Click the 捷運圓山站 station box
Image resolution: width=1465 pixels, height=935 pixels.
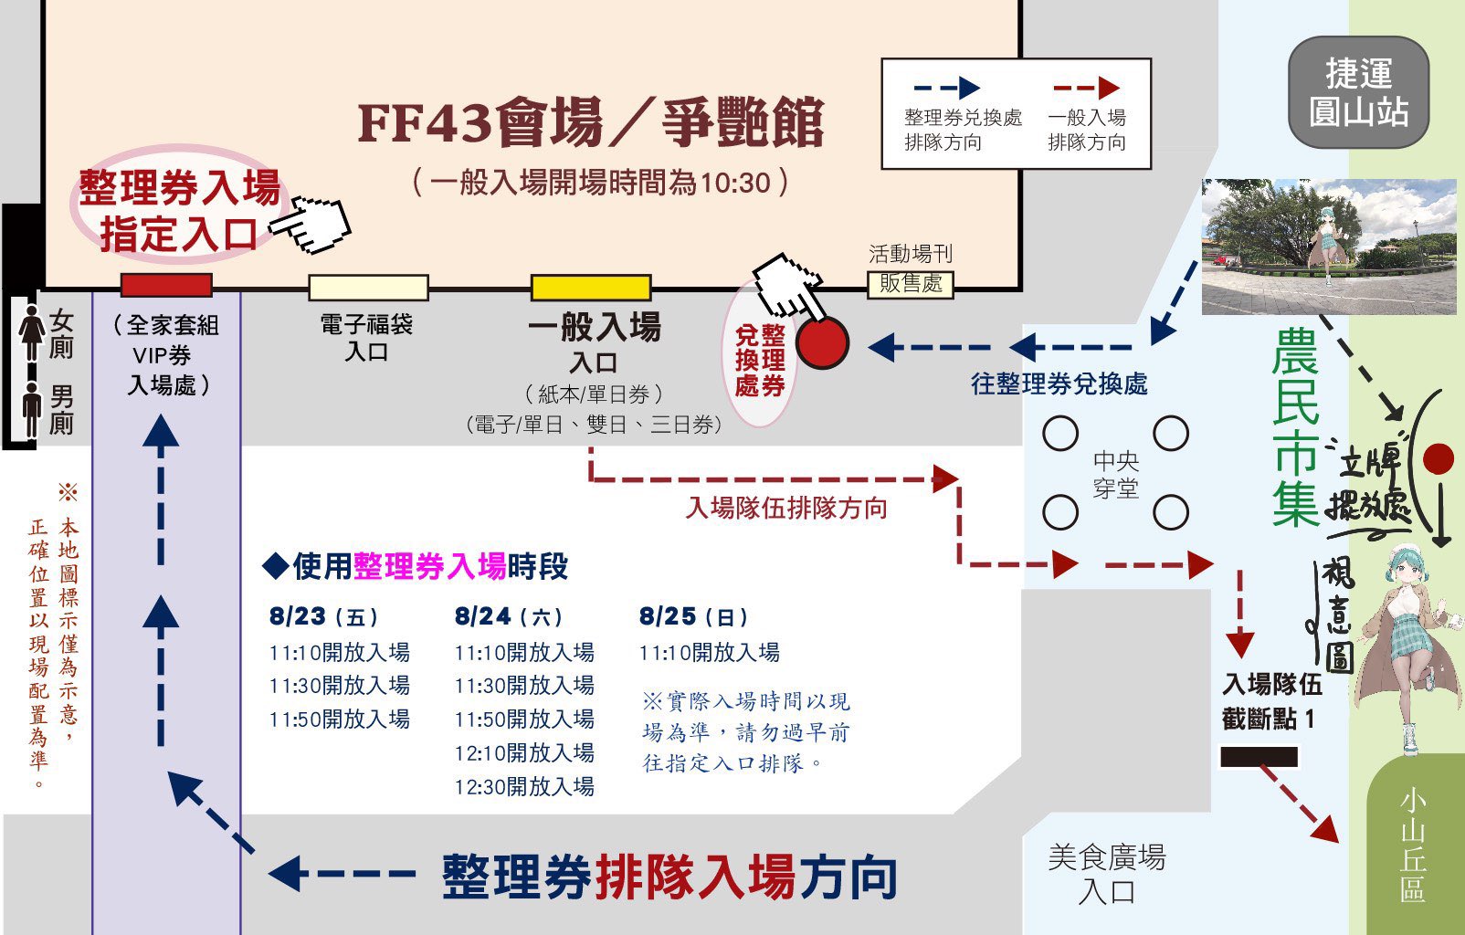(x=1358, y=92)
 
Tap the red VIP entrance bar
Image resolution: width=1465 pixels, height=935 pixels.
(x=166, y=285)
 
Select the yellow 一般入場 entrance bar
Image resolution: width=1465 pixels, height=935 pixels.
(x=591, y=288)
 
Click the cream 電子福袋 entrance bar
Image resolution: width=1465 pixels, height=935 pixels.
(x=368, y=288)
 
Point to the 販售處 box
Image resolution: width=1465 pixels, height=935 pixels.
(x=910, y=284)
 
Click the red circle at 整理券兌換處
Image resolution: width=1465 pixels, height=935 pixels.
(x=822, y=342)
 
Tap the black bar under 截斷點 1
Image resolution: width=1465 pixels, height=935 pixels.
(x=1259, y=757)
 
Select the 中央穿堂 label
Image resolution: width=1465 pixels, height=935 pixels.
(x=1115, y=474)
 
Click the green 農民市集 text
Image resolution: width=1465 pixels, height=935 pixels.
(x=1295, y=427)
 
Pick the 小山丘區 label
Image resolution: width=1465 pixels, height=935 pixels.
(x=1412, y=846)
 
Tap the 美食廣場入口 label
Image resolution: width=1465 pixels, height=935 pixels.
(x=1106, y=873)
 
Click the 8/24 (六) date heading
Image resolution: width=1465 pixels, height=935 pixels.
(x=508, y=617)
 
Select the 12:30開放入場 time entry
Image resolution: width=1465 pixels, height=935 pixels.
(x=524, y=786)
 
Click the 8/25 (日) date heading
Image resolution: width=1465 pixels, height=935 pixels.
(x=693, y=617)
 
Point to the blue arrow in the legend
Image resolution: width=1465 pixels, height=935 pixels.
(x=946, y=89)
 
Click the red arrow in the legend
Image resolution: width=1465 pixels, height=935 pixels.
(x=1086, y=89)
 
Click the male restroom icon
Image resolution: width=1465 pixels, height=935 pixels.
(x=32, y=408)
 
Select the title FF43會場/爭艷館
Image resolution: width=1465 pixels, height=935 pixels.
(x=591, y=123)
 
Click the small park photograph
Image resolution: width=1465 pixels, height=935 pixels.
(x=1329, y=247)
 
